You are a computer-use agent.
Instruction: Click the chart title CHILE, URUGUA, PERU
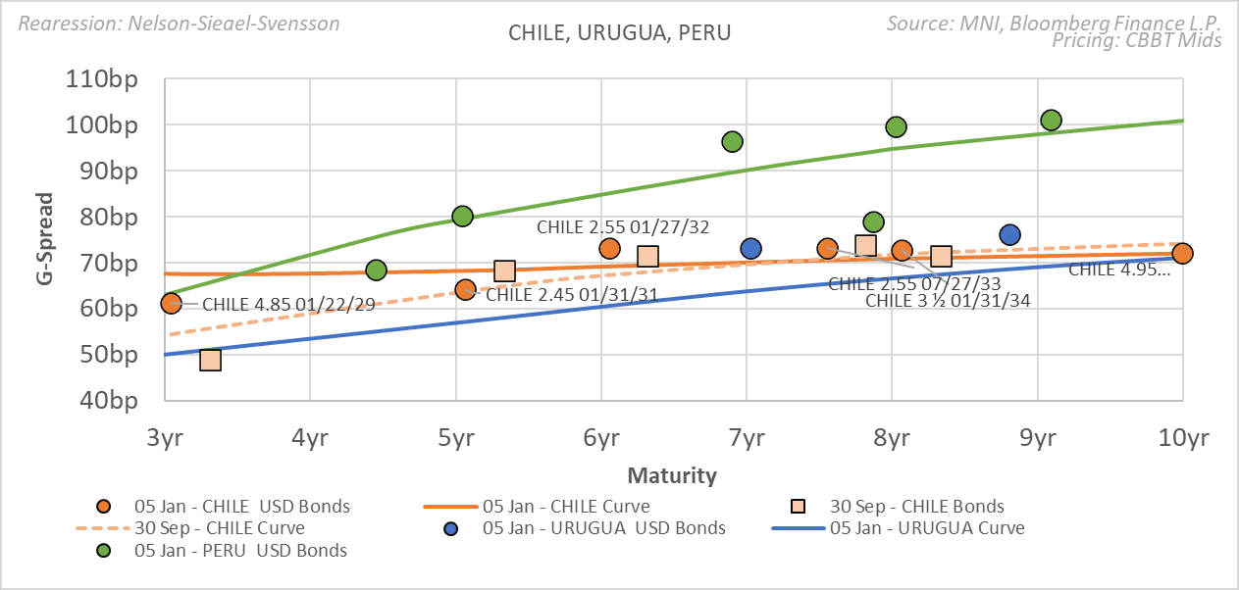tap(619, 32)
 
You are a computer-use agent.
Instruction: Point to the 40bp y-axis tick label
tap(110, 400)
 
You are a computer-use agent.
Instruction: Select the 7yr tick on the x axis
tap(747, 437)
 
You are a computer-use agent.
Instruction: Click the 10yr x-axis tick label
tap(1181, 437)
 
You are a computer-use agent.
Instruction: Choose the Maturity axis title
tap(672, 476)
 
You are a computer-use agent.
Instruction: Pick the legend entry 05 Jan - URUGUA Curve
tap(926, 528)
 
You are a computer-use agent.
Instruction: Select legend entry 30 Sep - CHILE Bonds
tap(916, 507)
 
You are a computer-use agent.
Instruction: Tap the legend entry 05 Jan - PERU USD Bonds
tap(240, 551)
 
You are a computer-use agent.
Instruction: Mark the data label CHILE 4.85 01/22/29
tap(288, 306)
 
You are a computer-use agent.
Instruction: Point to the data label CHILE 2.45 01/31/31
tap(571, 293)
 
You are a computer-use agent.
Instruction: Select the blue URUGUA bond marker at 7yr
tap(751, 249)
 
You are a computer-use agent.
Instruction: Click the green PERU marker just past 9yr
tap(1051, 121)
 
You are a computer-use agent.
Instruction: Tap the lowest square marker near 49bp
tap(210, 360)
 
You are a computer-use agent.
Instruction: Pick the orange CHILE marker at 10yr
tap(1182, 254)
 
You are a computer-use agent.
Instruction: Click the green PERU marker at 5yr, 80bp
tap(462, 216)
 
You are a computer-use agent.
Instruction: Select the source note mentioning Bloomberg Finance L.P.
tap(1054, 23)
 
